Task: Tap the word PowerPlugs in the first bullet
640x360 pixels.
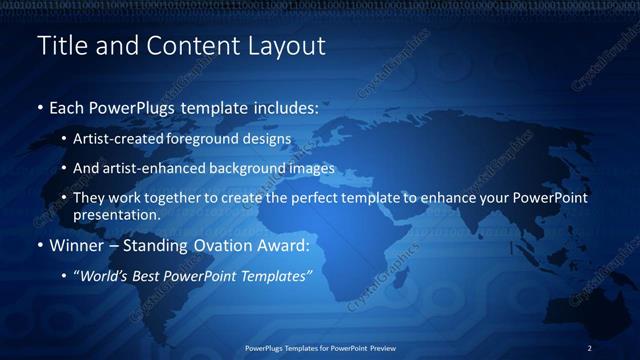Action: point(133,106)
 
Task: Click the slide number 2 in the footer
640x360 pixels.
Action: point(590,347)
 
